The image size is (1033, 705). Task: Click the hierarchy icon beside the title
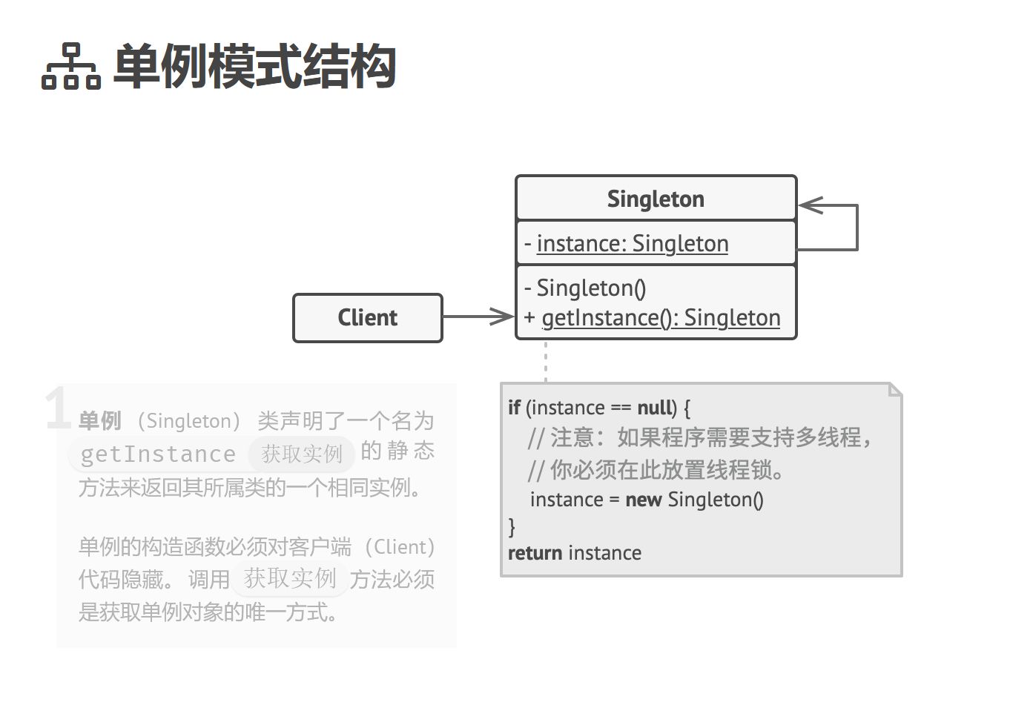[x=70, y=67]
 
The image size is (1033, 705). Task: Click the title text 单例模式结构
[x=254, y=67]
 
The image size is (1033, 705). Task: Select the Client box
[x=368, y=318]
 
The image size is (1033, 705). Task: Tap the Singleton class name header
[x=656, y=199]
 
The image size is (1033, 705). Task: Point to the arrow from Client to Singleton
[x=479, y=317]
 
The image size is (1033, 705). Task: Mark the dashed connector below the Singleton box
[x=546, y=361]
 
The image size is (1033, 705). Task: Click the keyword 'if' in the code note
[x=515, y=408]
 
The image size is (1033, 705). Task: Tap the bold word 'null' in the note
[x=656, y=408]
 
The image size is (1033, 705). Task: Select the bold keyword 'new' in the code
[x=643, y=500]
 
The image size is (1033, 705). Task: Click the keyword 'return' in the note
[x=535, y=553]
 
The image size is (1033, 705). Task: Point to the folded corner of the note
[x=894, y=390]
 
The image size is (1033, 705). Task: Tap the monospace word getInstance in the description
[x=158, y=454]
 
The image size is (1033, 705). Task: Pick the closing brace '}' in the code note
[x=512, y=526]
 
